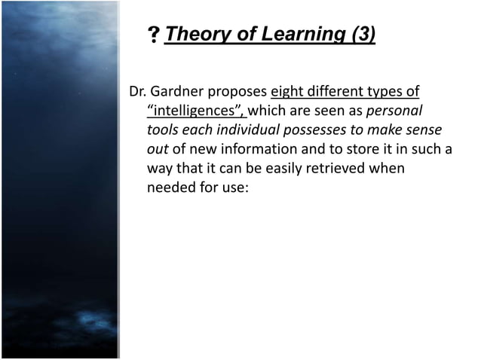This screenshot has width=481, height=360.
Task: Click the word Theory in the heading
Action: coord(190,35)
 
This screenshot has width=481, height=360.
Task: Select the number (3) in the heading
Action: coord(357,35)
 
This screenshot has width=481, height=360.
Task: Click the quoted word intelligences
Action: coord(193,111)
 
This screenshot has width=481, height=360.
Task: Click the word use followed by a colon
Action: coord(232,187)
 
